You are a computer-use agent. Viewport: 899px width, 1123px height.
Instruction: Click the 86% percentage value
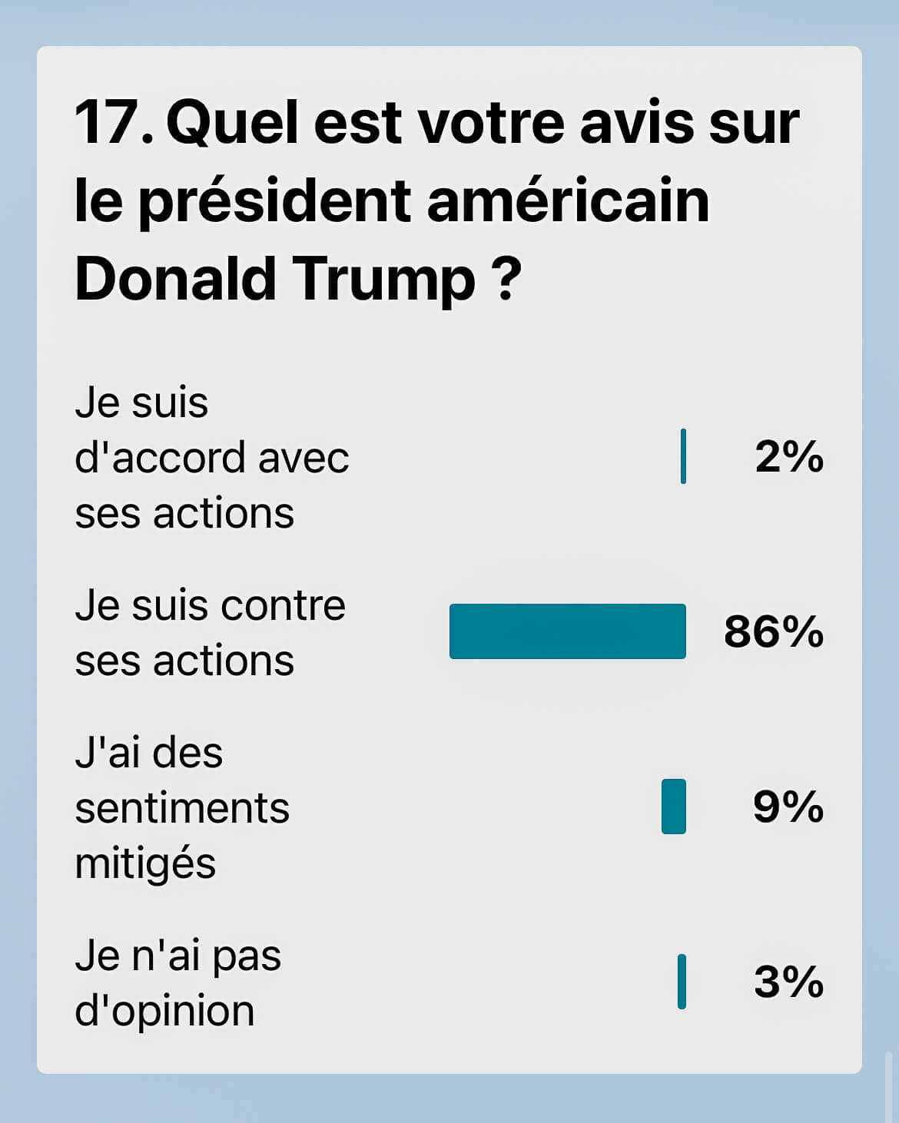tap(773, 632)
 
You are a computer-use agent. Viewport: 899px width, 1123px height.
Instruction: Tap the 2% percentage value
tap(788, 457)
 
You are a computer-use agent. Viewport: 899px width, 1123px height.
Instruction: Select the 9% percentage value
tap(788, 807)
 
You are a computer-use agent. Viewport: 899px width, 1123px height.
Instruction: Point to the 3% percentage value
tap(788, 982)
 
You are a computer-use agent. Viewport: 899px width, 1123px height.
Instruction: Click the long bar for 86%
tap(567, 631)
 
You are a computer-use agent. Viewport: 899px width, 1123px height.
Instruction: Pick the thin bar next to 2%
tap(683, 457)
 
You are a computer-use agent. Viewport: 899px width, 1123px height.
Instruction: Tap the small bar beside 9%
tap(673, 807)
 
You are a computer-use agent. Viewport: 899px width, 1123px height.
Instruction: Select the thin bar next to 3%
tap(682, 982)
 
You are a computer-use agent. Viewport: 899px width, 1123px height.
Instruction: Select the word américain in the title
tap(568, 201)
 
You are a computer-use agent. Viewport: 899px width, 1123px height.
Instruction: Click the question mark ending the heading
tap(506, 280)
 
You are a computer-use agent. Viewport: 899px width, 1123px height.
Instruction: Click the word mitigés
tap(145, 864)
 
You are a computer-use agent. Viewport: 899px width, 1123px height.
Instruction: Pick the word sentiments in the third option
tap(182, 808)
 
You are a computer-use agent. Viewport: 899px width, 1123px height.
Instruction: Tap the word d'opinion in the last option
tap(164, 1011)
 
